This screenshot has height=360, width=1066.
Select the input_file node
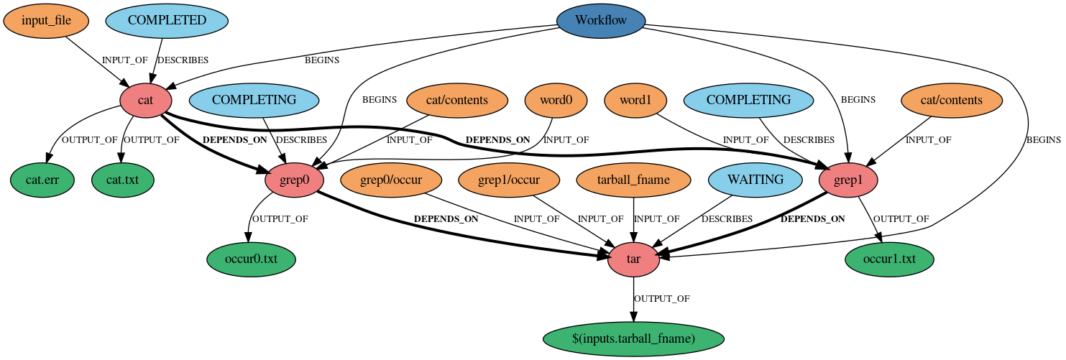pos(46,21)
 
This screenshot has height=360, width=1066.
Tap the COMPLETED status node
pos(167,21)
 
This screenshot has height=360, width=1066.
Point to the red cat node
pos(145,101)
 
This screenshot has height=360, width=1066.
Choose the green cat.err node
pos(42,180)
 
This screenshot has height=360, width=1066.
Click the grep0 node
pos(295,180)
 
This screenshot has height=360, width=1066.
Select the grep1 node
pos(848,180)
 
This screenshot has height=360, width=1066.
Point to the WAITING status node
pos(755,180)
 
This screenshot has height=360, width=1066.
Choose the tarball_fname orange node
pos(633,180)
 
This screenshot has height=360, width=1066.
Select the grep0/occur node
pos(390,180)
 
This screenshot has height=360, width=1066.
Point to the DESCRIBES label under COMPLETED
pos(183,60)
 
